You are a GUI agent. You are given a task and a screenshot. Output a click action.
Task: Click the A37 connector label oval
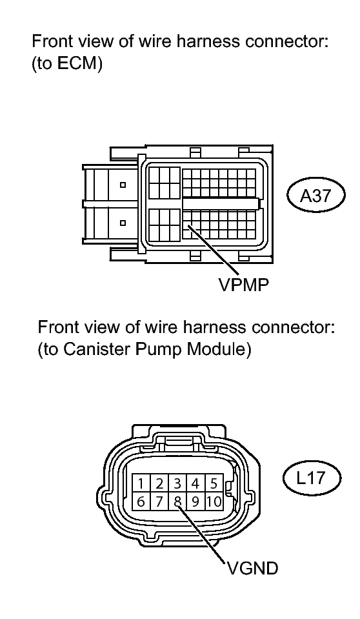(x=315, y=196)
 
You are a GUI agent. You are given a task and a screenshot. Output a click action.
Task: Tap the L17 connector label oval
(x=312, y=478)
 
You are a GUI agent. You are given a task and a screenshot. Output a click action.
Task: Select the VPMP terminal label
(x=244, y=285)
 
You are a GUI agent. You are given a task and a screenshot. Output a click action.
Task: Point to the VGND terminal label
(x=252, y=569)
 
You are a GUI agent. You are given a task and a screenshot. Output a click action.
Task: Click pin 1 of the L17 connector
(x=141, y=483)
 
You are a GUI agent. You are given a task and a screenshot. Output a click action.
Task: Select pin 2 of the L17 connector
(x=159, y=483)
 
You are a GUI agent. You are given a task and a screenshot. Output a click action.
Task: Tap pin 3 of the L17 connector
(x=177, y=483)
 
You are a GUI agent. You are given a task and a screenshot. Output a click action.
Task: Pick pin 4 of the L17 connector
(x=195, y=483)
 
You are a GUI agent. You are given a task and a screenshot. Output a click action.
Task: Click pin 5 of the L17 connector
(x=214, y=483)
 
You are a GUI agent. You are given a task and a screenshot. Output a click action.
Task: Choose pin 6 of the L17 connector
(x=141, y=502)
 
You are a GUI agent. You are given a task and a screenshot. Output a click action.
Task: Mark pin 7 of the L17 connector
(x=159, y=502)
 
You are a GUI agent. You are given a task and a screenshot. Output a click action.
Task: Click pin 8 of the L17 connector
(x=177, y=502)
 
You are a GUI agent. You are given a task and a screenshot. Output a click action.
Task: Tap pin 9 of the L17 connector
(x=195, y=502)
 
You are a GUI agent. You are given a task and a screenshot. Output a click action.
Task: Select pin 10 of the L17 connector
(x=214, y=502)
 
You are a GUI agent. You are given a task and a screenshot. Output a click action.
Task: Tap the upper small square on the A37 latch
(x=123, y=185)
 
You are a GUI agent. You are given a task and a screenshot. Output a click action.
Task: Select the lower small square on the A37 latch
(x=123, y=223)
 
